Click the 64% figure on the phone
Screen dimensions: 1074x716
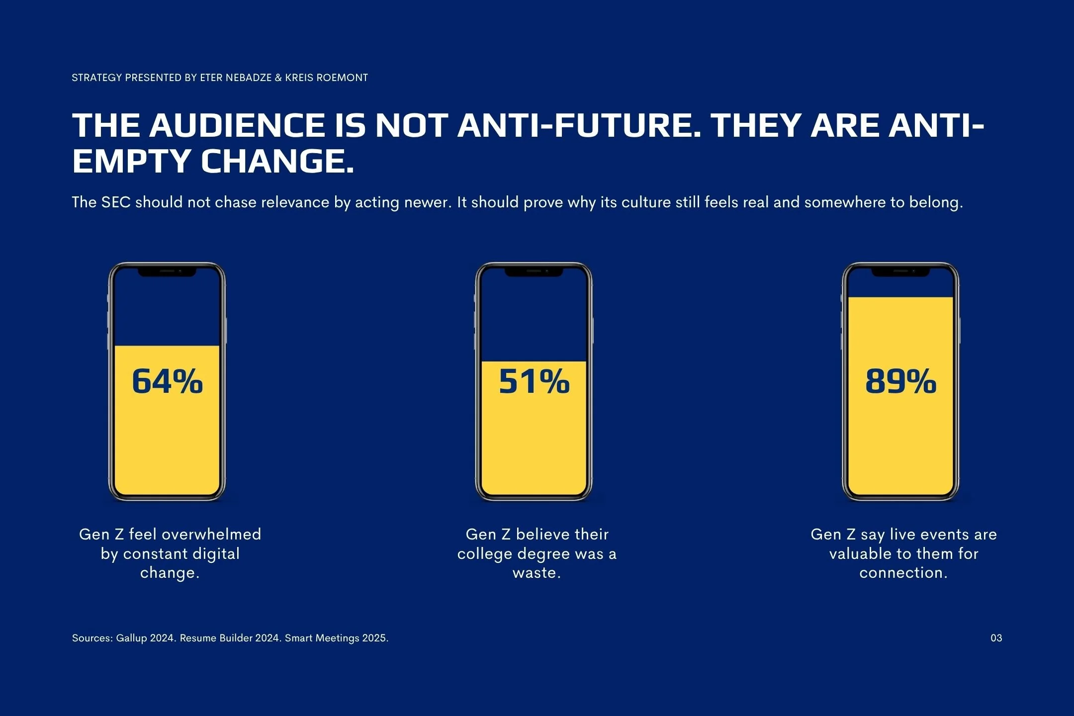[x=167, y=381]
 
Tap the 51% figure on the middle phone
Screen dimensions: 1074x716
[x=534, y=381]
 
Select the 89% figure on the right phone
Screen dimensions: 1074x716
[x=900, y=381]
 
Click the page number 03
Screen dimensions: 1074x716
[x=996, y=638]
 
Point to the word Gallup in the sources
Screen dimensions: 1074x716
[x=131, y=638]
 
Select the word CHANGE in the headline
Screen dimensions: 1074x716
[x=277, y=161]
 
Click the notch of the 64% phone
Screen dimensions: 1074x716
[x=167, y=272]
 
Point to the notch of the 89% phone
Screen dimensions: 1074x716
[x=900, y=272]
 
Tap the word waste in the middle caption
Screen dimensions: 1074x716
[x=534, y=573]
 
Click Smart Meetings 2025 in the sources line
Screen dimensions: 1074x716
[x=336, y=638]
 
